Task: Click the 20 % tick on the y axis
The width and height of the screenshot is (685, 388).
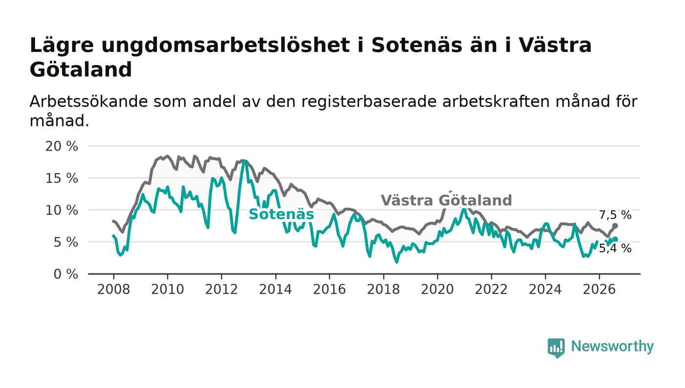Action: (x=62, y=146)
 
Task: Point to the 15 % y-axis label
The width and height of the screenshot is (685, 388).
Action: (x=62, y=178)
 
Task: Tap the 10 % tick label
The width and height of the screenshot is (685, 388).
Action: (x=62, y=210)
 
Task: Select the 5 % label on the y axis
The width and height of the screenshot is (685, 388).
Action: (x=66, y=242)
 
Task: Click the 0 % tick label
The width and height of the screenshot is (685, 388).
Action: (x=66, y=274)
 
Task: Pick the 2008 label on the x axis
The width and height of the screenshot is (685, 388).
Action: (x=114, y=289)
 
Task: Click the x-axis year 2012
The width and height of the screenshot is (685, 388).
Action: (x=221, y=289)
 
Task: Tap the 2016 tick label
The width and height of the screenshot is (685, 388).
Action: (x=329, y=289)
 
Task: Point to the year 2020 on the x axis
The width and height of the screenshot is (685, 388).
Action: (x=437, y=289)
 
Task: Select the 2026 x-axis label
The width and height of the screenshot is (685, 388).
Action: (x=599, y=289)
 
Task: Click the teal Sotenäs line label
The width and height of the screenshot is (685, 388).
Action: (x=281, y=214)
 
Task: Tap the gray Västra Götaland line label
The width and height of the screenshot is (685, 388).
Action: (x=446, y=200)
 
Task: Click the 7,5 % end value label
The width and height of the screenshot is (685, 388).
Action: (x=616, y=215)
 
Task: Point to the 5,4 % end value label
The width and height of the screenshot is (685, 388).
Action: (x=616, y=248)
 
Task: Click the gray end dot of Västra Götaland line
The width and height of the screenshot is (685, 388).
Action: (x=616, y=226)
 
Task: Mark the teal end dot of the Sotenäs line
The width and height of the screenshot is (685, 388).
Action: (x=616, y=239)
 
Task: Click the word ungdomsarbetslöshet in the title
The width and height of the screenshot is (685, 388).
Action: (x=226, y=45)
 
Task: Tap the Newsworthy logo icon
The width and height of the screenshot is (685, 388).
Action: (x=556, y=348)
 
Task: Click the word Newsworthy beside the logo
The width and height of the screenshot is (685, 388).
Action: (x=613, y=346)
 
